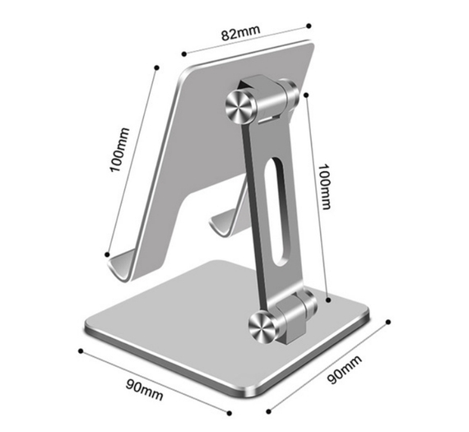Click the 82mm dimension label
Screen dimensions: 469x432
241,33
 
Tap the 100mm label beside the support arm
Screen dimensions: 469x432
324,187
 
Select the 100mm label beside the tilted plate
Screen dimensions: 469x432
120,150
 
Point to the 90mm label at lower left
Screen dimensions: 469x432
145,389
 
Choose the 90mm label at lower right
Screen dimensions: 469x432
344,369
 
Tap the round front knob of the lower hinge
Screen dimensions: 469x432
263,327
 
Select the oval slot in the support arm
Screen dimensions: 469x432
276,211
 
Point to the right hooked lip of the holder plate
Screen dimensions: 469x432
225,222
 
